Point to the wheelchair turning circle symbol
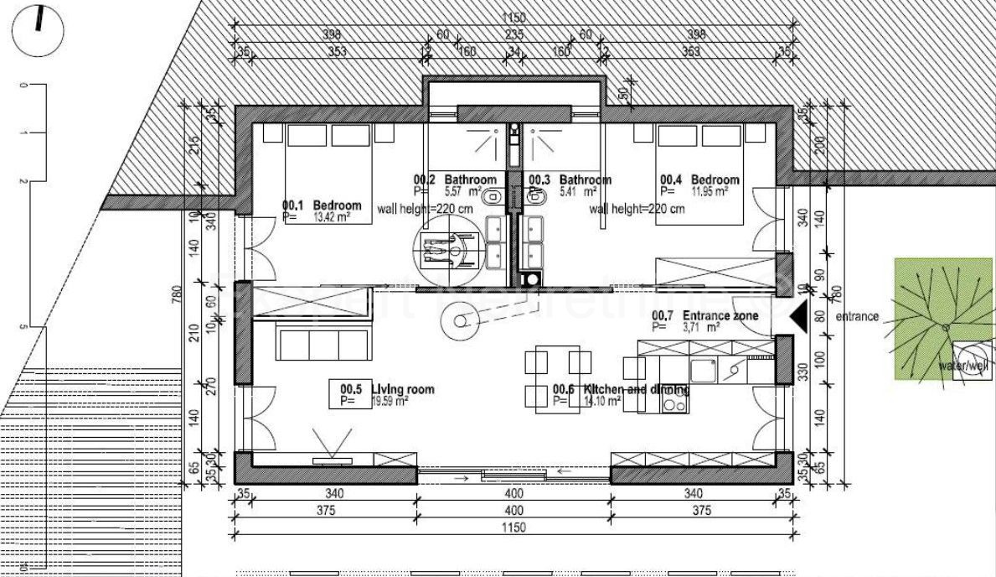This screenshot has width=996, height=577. (x=444, y=248)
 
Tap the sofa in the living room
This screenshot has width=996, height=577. (x=323, y=345)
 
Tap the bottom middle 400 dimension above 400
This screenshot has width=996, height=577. (x=513, y=494)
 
